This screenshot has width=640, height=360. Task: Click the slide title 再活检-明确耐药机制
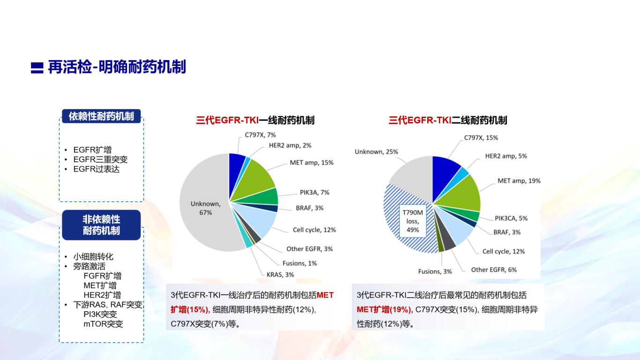point(117,67)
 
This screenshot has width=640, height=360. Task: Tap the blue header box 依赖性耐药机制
point(101,116)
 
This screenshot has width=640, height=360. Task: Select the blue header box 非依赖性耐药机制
point(101,225)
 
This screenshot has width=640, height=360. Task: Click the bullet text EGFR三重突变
point(100,159)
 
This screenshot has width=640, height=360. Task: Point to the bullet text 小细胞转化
point(93,256)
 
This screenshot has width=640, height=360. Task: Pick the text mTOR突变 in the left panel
point(103,324)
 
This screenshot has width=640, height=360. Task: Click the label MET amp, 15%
point(312,163)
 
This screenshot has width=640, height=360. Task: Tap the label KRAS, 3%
point(280,275)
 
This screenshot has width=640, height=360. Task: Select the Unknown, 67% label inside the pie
point(206,208)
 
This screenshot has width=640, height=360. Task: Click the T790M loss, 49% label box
point(413,221)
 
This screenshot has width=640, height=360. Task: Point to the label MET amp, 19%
point(519,181)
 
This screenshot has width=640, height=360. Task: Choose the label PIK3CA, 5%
point(511,218)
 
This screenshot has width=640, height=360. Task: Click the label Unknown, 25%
point(376,152)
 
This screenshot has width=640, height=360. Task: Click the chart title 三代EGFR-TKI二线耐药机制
point(448,120)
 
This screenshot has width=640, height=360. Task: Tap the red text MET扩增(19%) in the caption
point(385,310)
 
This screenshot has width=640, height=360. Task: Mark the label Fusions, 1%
point(300,263)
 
